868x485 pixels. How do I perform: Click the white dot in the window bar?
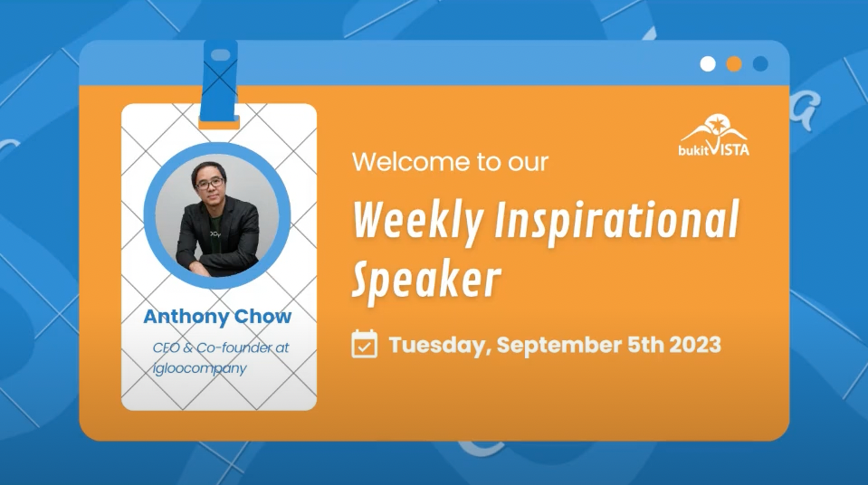(x=708, y=64)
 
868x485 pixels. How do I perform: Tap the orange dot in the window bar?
(x=734, y=64)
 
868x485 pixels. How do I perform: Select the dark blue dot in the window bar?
(x=760, y=64)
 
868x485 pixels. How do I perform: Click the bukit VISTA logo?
(x=714, y=135)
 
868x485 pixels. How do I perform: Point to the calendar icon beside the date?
(x=364, y=344)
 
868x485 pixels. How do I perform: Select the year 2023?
(x=695, y=345)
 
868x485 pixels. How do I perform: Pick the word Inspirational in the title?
(x=616, y=218)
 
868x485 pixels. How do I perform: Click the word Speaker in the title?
(x=427, y=281)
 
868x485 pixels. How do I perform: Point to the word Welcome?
(x=407, y=162)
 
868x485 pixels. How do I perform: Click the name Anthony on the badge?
(x=187, y=317)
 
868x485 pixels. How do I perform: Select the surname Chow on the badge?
(x=263, y=316)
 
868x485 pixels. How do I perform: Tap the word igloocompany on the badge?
(x=200, y=369)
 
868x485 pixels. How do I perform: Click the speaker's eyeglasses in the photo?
(x=210, y=182)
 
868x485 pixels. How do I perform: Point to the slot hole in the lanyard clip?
(x=221, y=55)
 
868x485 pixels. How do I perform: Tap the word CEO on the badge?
(x=166, y=347)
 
